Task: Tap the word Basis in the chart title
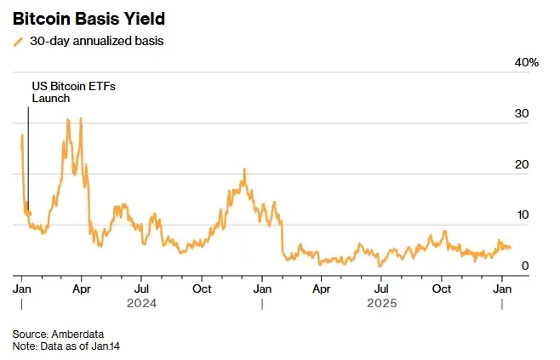(95, 18)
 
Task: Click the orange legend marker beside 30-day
(19, 42)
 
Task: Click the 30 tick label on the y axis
(523, 114)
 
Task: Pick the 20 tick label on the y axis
(523, 164)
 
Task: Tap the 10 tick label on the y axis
(523, 215)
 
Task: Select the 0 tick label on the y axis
(526, 266)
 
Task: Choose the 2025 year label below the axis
(382, 302)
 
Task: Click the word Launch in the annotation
(51, 98)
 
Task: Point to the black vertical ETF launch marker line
(28, 153)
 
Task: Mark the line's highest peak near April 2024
(80, 118)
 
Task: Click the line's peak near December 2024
(244, 169)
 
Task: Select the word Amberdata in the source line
(77, 334)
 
